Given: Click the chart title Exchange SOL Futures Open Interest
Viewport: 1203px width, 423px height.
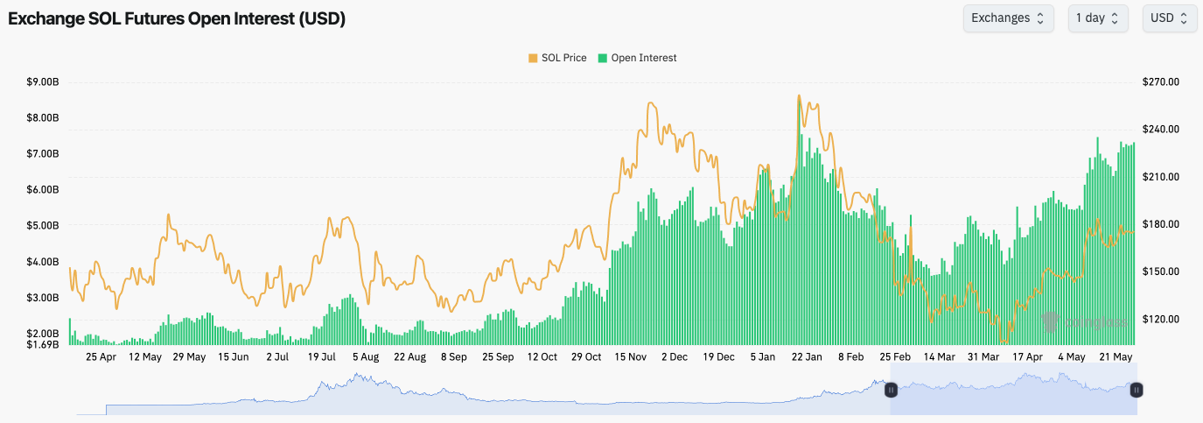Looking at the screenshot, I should click(177, 19).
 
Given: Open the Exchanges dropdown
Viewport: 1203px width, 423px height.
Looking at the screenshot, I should click(1008, 18).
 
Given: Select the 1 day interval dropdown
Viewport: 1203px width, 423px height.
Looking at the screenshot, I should click(1097, 18).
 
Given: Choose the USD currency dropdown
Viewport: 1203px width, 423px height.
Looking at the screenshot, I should click(1169, 18).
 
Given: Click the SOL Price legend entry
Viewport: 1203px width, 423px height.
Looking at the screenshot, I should click(556, 58).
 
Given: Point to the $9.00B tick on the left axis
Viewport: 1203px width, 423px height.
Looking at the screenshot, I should click(43, 82).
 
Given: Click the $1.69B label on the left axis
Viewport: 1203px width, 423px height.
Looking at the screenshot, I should click(43, 344).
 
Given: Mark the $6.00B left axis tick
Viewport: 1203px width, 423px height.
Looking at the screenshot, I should click(43, 190).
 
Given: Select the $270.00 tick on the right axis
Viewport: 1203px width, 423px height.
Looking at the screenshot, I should click(1161, 82).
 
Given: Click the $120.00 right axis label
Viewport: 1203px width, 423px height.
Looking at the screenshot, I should click(1161, 320).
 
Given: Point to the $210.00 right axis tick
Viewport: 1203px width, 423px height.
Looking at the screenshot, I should click(1161, 177).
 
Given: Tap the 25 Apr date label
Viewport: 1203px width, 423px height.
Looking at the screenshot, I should click(101, 357).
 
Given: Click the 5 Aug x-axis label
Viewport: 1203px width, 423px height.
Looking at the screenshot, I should click(366, 357).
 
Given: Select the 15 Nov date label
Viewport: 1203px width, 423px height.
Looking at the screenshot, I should click(631, 357).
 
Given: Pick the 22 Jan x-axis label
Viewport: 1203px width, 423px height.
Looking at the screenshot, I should click(807, 357).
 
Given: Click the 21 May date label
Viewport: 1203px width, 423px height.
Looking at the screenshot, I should click(1116, 357).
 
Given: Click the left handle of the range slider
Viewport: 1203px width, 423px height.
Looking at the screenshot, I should click(891, 390).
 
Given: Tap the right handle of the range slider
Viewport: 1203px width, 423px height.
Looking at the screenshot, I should click(1136, 390).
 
